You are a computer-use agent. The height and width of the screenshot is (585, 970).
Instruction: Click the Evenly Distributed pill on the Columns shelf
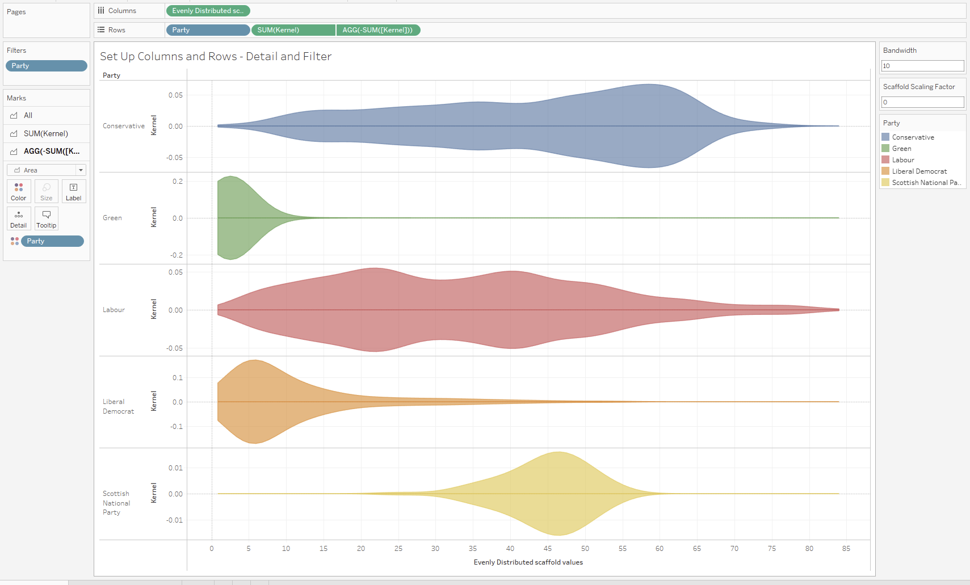208,11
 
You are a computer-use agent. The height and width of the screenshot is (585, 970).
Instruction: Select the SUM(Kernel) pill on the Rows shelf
293,30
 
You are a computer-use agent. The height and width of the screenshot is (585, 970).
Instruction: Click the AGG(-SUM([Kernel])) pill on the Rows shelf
378,30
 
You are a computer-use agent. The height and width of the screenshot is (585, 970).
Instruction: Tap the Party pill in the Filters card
47,66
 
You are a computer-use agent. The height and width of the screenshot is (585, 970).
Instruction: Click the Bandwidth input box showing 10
922,66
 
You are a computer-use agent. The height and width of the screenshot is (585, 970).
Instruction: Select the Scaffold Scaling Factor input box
922,102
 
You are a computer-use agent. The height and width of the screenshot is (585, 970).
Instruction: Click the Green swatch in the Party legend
885,149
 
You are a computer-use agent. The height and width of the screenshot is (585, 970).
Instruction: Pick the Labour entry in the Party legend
902,160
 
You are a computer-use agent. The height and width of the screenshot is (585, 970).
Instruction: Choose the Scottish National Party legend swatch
885,183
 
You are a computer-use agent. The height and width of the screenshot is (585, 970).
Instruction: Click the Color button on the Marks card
19,191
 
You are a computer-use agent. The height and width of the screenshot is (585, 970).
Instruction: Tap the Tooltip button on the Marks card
47,218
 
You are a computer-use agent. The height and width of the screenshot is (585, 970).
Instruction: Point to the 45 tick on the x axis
548,549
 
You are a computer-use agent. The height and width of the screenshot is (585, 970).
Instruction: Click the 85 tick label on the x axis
846,549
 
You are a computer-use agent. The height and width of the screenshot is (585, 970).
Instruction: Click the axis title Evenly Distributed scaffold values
528,562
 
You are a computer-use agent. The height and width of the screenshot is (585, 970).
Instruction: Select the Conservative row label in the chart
124,126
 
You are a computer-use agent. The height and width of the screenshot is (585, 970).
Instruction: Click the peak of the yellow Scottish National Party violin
559,453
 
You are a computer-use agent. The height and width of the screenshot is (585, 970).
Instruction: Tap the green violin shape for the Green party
233,218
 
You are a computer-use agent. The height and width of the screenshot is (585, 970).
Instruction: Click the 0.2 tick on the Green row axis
178,182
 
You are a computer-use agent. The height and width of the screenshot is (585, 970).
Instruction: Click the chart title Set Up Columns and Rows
216,56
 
